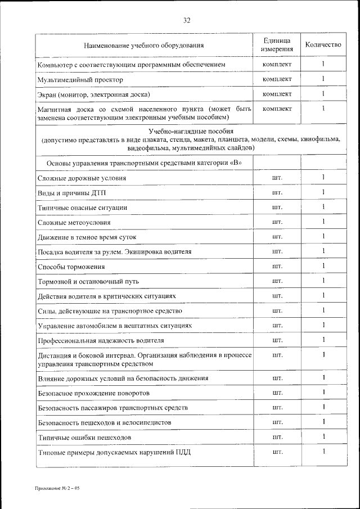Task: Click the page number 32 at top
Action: pyautogui.click(x=187, y=21)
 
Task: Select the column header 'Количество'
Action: pyautogui.click(x=323, y=45)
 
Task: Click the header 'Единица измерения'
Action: pyautogui.click(x=277, y=45)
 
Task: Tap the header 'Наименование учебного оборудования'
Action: pyautogui.click(x=144, y=45)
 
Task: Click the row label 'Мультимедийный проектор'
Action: pyautogui.click(x=73, y=80)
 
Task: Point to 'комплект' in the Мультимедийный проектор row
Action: pyautogui.click(x=277, y=79)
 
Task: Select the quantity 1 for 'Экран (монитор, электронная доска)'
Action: pyautogui.click(x=324, y=93)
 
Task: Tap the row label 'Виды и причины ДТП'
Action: pyautogui.click(x=71, y=193)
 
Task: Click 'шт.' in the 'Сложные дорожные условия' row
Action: pyautogui.click(x=277, y=178)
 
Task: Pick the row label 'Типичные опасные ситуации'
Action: pyautogui.click(x=82, y=208)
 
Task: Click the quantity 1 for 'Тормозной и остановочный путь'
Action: pyautogui.click(x=324, y=281)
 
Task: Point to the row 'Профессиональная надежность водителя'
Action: pyautogui.click(x=101, y=340)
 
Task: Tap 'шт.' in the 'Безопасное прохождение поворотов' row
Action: pyautogui.click(x=277, y=393)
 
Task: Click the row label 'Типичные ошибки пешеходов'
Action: pyautogui.click(x=84, y=437)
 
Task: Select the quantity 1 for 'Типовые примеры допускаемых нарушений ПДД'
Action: pyautogui.click(x=324, y=452)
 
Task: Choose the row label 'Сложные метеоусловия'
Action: pyautogui.click(x=74, y=222)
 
